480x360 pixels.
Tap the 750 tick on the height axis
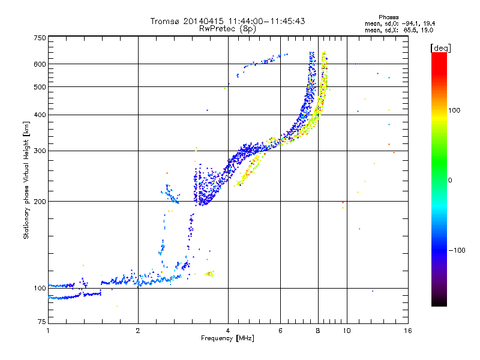(40, 37)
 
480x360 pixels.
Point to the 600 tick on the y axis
(40, 64)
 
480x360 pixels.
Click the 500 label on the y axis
(40, 87)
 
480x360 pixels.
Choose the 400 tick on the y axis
(40, 115)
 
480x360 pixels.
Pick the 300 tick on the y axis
(40, 151)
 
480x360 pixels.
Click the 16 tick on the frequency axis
(407, 331)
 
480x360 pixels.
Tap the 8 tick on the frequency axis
(318, 331)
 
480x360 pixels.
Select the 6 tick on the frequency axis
(281, 331)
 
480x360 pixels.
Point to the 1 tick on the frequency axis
(48, 331)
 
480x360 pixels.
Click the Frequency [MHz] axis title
(227, 339)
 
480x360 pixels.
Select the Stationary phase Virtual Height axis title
(26, 180)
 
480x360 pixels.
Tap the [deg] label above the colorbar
(440, 47)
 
